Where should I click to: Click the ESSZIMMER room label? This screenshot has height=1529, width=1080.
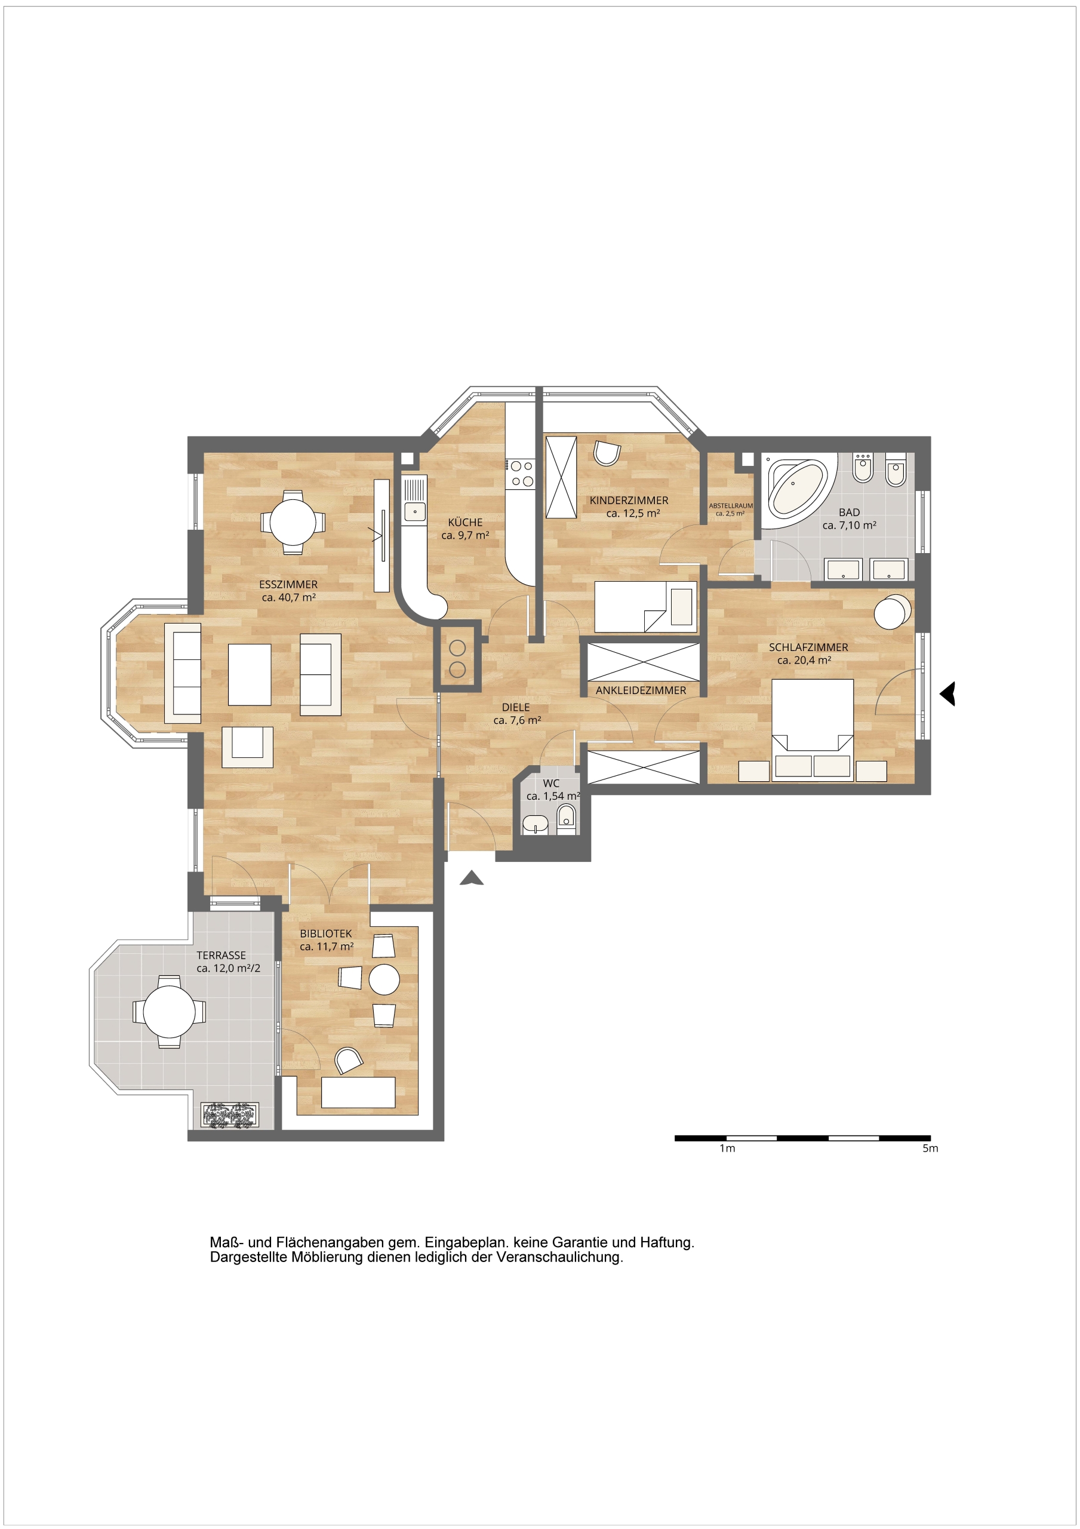(x=288, y=585)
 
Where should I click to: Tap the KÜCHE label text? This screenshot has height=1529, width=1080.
(x=464, y=522)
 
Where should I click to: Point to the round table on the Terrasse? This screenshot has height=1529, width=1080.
(x=169, y=1012)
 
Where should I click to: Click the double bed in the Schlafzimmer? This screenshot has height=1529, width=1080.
(x=813, y=729)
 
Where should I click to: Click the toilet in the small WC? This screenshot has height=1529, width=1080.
(x=566, y=818)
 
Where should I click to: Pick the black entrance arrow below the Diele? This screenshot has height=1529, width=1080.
(x=472, y=878)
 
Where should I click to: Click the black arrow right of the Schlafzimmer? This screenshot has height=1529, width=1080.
(x=948, y=693)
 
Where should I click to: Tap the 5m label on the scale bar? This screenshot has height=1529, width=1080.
(x=930, y=1149)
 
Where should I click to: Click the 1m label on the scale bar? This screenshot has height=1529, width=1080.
(x=727, y=1149)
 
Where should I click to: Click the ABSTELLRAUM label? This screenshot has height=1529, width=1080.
(x=730, y=506)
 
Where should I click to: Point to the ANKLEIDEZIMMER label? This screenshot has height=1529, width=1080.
(x=641, y=690)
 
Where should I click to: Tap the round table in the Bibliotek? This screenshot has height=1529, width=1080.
(x=384, y=980)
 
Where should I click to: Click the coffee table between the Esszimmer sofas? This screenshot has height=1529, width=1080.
(x=250, y=674)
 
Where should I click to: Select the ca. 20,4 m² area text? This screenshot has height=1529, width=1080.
(x=804, y=660)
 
